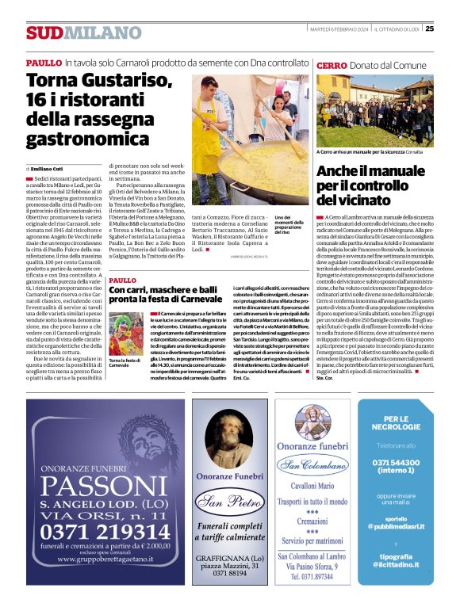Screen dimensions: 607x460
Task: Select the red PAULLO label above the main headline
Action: [x=44, y=63]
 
